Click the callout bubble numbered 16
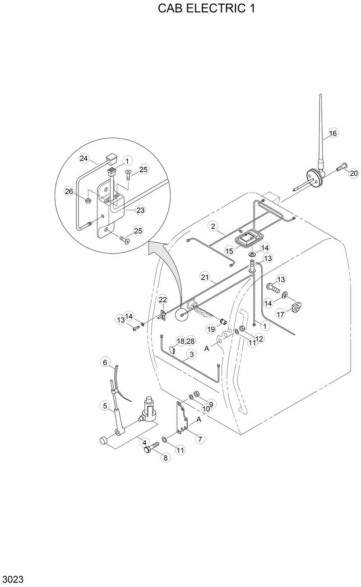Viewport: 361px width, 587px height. (x=333, y=133)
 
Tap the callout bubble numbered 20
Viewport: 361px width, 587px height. (x=353, y=173)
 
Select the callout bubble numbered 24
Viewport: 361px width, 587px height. (x=84, y=158)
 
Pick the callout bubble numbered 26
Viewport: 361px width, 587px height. (x=69, y=192)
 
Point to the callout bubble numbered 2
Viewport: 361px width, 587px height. (x=213, y=225)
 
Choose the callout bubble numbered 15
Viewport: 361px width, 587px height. (x=230, y=250)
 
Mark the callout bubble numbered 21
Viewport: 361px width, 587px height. (x=206, y=277)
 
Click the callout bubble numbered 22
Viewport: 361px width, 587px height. (x=162, y=299)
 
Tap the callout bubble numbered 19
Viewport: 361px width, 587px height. (x=211, y=329)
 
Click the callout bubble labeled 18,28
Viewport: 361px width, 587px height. (x=185, y=341)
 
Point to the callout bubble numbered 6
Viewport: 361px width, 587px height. (x=105, y=362)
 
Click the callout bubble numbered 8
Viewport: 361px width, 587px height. (x=165, y=458)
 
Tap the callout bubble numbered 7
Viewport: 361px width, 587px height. (x=199, y=438)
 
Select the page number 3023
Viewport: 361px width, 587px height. (x=13, y=579)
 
